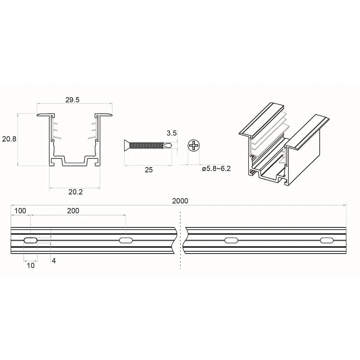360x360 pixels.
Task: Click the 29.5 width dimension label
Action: (72, 100)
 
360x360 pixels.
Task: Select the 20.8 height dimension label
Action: (9, 139)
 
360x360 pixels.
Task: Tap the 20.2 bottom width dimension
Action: (76, 192)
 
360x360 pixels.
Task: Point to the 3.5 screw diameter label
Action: (171, 133)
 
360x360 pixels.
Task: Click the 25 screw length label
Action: (149, 170)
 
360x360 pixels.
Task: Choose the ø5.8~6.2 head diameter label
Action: (216, 169)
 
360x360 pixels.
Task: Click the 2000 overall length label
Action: (180, 201)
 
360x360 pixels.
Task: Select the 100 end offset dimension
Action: (20, 211)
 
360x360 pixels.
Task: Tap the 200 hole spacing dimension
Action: (73, 211)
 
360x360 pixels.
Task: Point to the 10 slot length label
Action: (31, 265)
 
